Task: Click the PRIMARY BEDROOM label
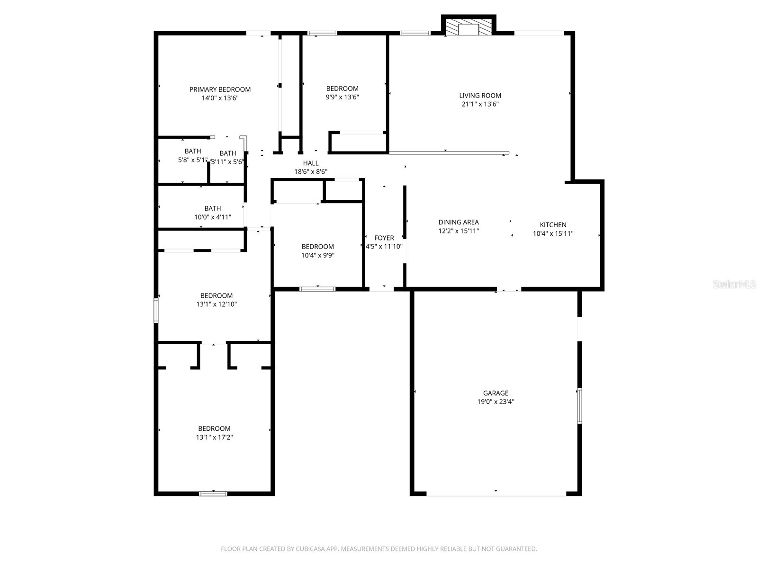click(220, 89)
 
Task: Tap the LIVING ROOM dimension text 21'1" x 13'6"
click(480, 104)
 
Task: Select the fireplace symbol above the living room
click(469, 27)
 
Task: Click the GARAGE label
click(496, 393)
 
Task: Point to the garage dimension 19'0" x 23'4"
click(496, 402)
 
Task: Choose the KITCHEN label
click(553, 225)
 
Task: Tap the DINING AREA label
click(458, 222)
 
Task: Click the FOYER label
click(384, 238)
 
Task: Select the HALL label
click(311, 163)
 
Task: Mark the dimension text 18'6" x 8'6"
click(311, 172)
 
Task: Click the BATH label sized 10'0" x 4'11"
click(213, 208)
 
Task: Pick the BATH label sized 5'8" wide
click(193, 151)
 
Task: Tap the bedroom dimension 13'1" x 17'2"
click(214, 437)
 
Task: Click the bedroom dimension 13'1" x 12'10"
click(216, 304)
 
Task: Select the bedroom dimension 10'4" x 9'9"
click(317, 255)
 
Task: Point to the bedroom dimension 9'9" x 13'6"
click(342, 97)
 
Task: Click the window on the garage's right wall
click(579, 406)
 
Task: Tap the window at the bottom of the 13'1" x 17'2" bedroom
click(213, 494)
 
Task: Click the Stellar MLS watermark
click(735, 284)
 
